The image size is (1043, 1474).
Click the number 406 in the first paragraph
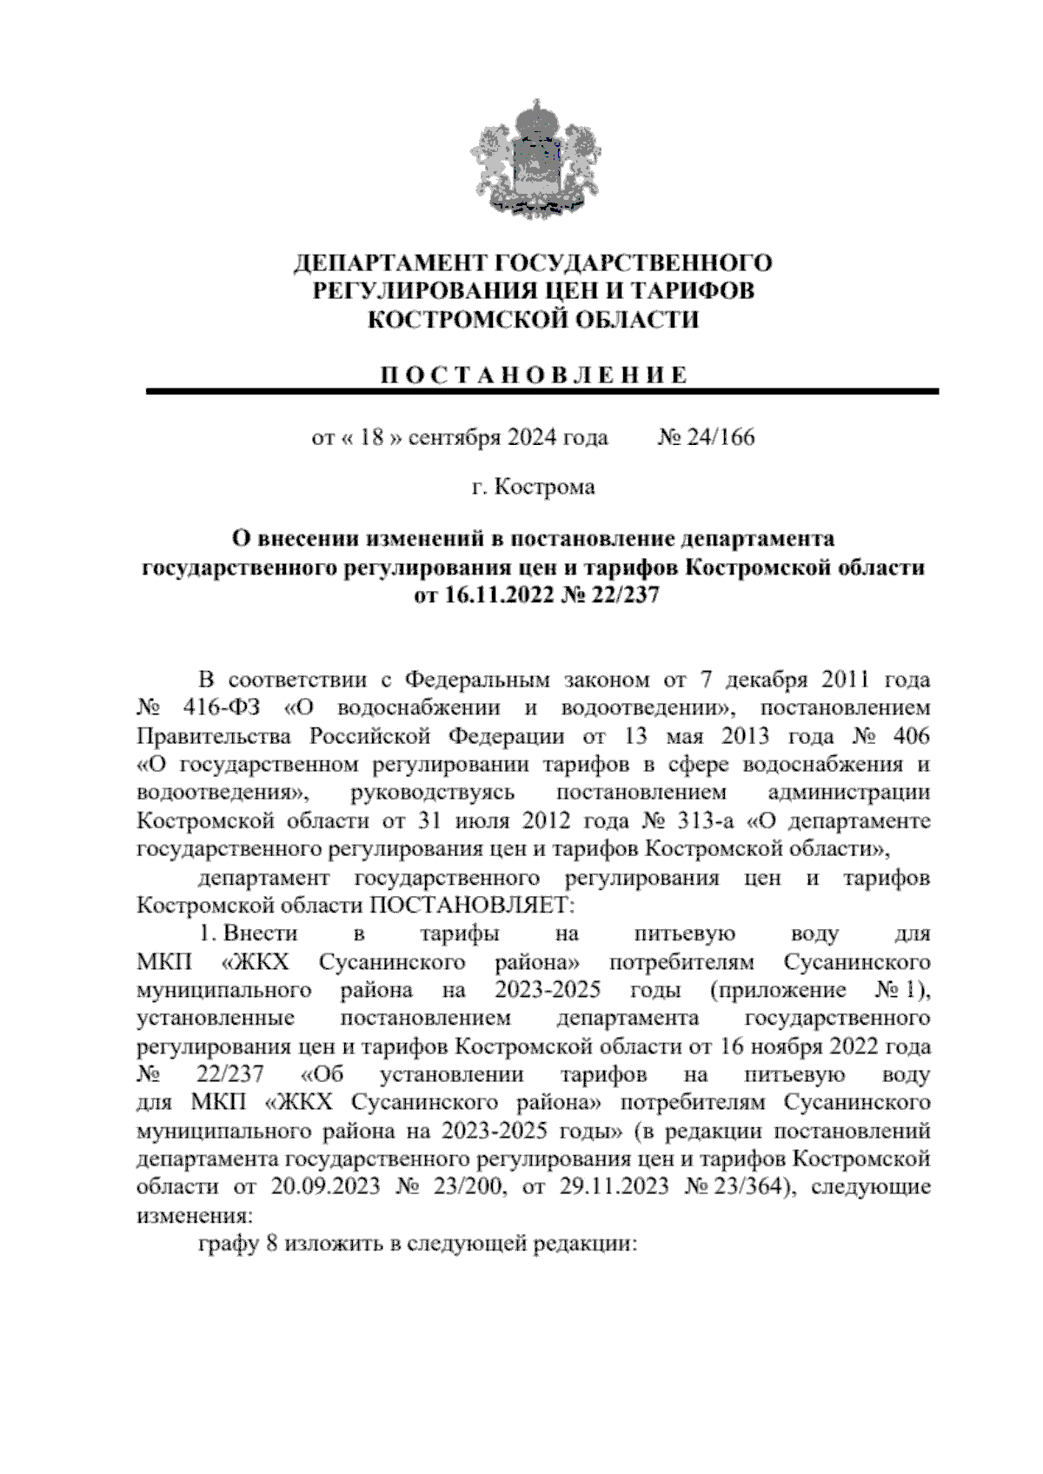[x=909, y=736]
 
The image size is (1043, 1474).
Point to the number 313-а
[x=703, y=821]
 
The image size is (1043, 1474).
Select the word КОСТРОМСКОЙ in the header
[x=455, y=321]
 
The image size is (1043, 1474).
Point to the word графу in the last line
[x=228, y=1244]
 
